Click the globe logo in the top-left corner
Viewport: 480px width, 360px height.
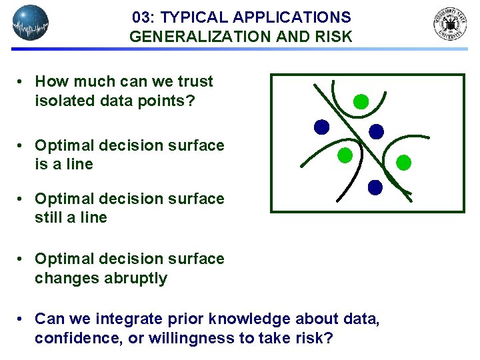pos(31,23)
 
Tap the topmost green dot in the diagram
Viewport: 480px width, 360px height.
pos(361,101)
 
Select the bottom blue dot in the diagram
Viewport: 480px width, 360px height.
pos(375,187)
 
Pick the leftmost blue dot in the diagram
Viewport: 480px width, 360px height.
pos(322,127)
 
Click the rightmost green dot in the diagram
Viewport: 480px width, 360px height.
pos(404,162)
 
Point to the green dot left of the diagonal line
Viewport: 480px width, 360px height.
pos(345,155)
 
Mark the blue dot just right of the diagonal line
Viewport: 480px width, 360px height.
pos(377,131)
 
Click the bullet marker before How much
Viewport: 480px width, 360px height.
pos(22,82)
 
